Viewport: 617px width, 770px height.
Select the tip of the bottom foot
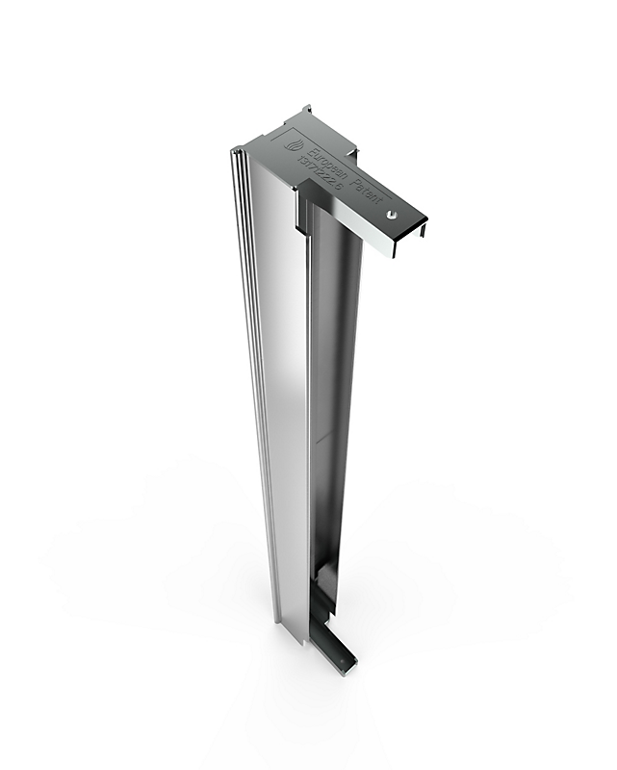[352, 663]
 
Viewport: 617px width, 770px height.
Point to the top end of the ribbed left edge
[234, 155]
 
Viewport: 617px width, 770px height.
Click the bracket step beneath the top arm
[300, 217]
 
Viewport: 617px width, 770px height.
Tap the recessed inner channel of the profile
[322, 385]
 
